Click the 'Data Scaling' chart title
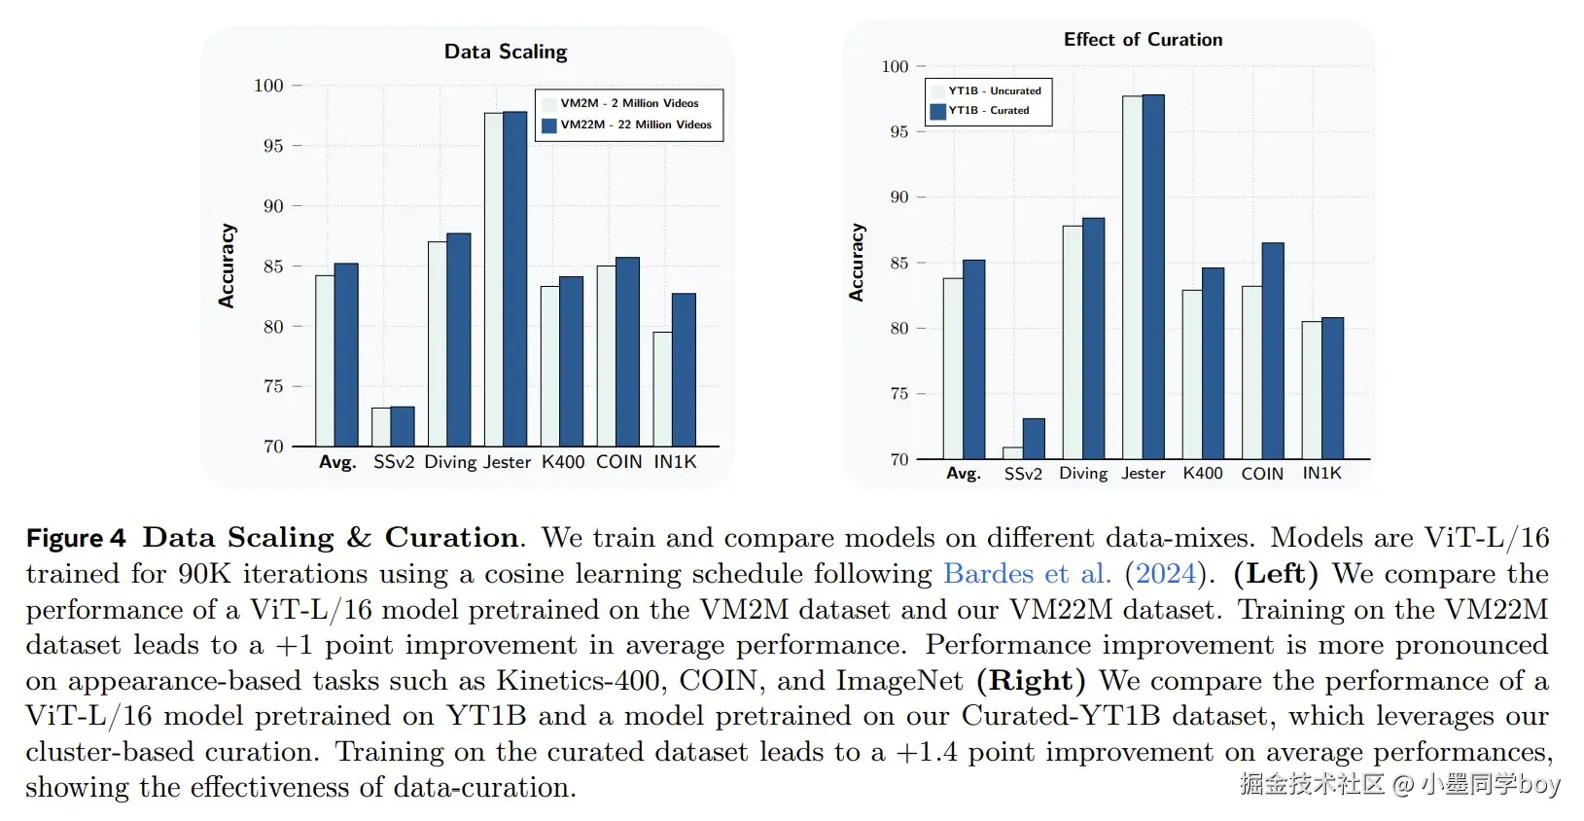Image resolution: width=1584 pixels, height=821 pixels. pos(506,52)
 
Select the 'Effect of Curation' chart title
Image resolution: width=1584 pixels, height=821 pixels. pos(1143,40)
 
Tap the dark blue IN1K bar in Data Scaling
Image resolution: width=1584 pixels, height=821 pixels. pos(684,370)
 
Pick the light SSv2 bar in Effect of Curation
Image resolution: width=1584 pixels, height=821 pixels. pos(1012,452)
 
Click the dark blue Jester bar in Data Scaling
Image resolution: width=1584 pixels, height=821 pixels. pos(514,278)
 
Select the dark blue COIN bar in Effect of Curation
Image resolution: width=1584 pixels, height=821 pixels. pos(1273,351)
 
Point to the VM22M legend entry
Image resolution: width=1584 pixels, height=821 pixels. pos(627,125)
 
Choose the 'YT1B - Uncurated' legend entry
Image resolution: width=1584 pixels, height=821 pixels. pos(986,90)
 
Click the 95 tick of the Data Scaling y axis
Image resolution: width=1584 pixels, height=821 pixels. pos(273,146)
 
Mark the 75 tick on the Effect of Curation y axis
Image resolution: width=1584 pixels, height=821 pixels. pos(899,394)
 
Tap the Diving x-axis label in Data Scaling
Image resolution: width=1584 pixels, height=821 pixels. pos(450,462)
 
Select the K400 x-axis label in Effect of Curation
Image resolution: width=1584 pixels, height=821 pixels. pos(1202,473)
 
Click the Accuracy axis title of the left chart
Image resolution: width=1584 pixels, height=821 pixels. pos(226,266)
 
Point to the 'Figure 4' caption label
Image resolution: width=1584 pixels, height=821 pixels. pos(76,538)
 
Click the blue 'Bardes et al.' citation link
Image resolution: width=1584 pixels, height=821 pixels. pos(1028,574)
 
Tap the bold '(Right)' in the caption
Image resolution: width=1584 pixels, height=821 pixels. pos(1031,680)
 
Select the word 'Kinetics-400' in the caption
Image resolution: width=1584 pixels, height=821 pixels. pos(577,680)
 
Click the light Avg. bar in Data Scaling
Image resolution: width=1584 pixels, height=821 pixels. pos(325,361)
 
